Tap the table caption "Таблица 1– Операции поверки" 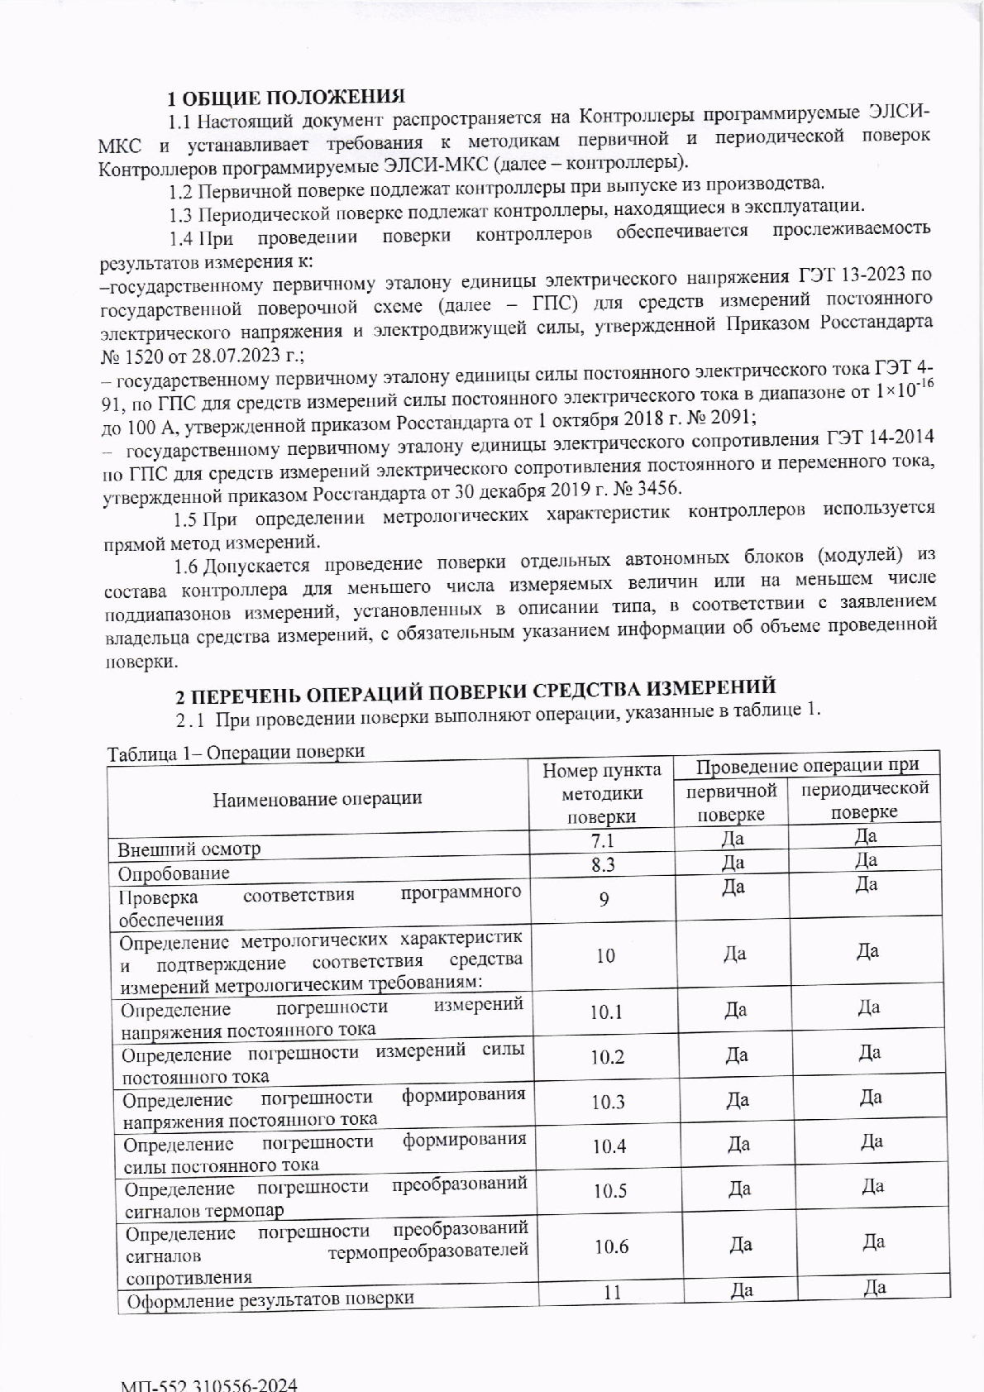coord(236,752)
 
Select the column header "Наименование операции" coord(318,798)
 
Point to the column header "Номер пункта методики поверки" coord(601,794)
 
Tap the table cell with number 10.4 coord(609,1146)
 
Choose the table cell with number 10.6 coord(611,1247)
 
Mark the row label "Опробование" coord(174,873)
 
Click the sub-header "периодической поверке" coord(865,800)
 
